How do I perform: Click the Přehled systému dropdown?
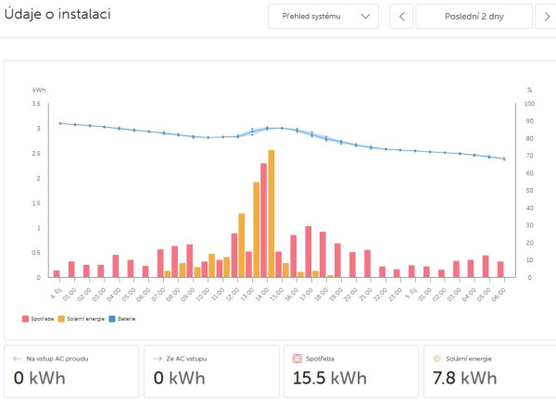(323, 17)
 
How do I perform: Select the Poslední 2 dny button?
(474, 17)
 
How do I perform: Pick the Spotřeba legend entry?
(42, 319)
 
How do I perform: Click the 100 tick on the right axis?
(529, 104)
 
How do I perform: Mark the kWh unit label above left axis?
(39, 90)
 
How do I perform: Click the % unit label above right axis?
(529, 90)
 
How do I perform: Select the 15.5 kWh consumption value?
(330, 378)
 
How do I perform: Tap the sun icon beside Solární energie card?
(436, 358)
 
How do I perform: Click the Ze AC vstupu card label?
(190, 358)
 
